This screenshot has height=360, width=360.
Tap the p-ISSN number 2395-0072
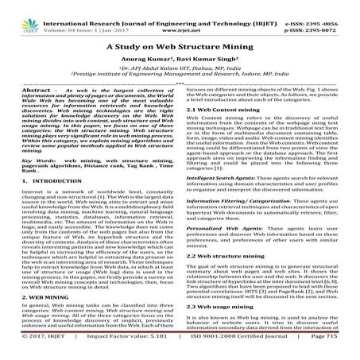point(336,14)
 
